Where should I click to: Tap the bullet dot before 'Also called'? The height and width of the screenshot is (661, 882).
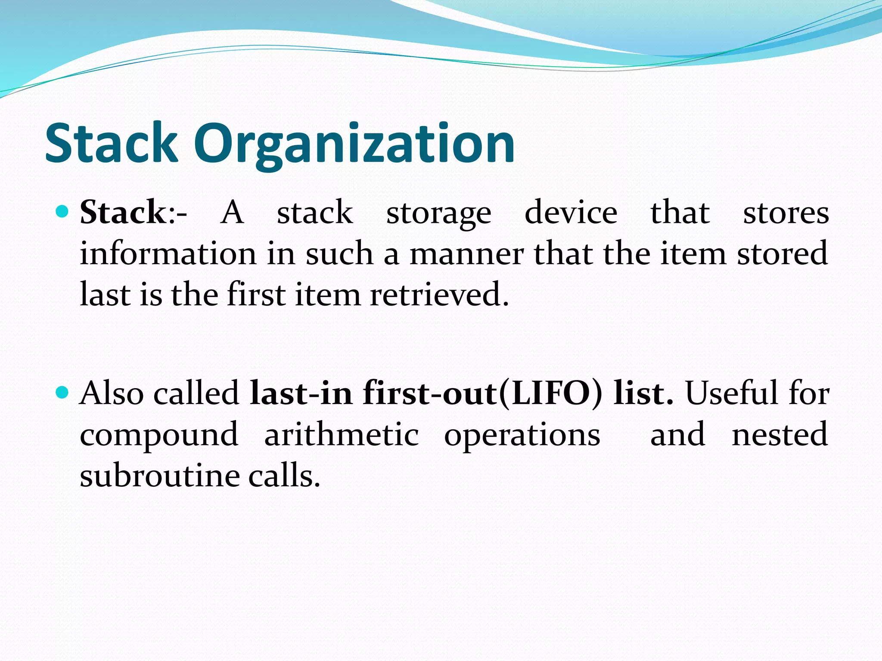(x=62, y=392)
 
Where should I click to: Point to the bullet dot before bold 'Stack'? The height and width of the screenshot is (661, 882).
(x=62, y=211)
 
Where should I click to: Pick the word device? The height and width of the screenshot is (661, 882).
(x=571, y=212)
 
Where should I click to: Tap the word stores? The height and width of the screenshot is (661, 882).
(x=786, y=213)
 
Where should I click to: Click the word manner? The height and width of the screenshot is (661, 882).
(x=466, y=254)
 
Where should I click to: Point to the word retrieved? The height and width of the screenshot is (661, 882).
(x=439, y=295)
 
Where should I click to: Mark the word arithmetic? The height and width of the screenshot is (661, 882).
(x=342, y=434)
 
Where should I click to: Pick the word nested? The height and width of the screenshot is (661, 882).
(x=780, y=434)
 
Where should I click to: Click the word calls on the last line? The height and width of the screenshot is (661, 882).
(x=284, y=476)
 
